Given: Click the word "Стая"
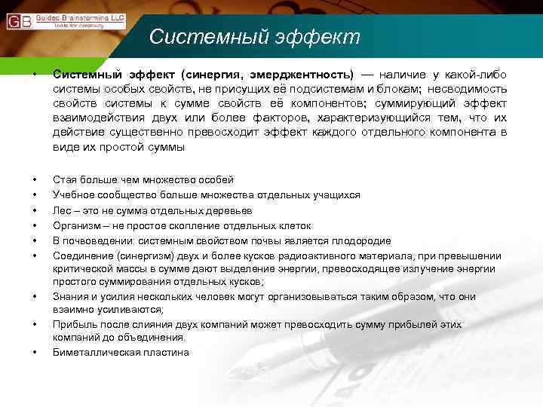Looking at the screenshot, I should (x=64, y=179).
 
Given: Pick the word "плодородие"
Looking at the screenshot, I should (x=361, y=240).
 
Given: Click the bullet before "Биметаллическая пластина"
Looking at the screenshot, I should (x=34, y=352).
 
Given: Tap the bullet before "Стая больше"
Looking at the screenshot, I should (x=34, y=180).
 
